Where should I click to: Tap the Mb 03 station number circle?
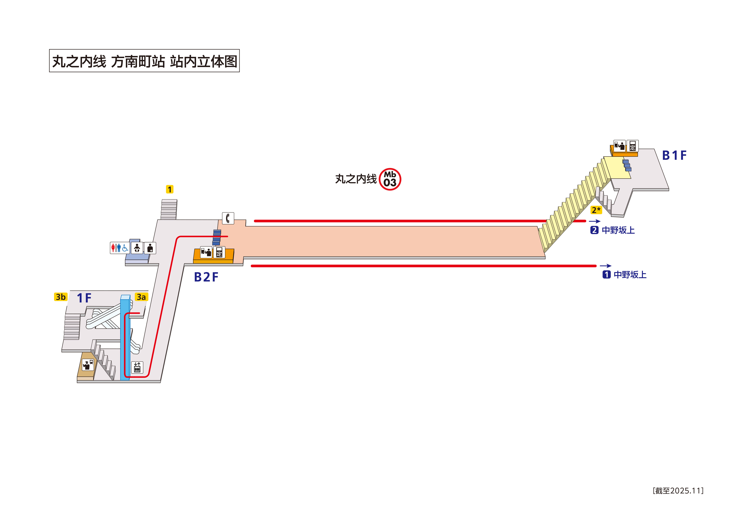[x=390, y=179]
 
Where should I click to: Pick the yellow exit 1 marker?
[x=170, y=189]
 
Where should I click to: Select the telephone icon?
[x=228, y=218]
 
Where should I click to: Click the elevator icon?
[x=137, y=367]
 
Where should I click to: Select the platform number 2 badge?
[x=594, y=230]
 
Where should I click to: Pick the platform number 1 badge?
[x=606, y=274]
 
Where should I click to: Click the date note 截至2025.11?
[x=678, y=491]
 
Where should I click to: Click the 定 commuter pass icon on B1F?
[x=632, y=146]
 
